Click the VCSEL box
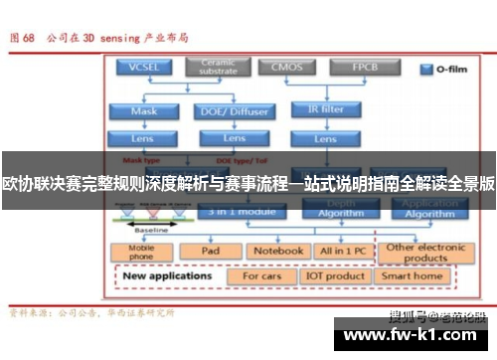tap(142, 68)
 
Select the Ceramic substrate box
tap(218, 68)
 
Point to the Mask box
tap(143, 111)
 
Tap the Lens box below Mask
tap(143, 137)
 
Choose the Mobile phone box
tap(142, 252)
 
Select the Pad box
tap(210, 251)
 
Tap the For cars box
tap(262, 275)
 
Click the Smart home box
tap(413, 275)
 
